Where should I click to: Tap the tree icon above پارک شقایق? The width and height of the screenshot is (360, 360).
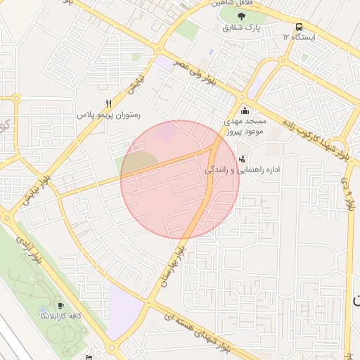(x=243, y=16)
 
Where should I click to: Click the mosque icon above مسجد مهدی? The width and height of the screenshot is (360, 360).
(x=245, y=110)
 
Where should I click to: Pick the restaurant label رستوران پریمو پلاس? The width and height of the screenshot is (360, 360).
(x=109, y=114)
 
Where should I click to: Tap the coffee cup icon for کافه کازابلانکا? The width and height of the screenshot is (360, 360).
(x=60, y=306)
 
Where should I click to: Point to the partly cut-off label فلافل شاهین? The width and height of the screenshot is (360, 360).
(x=236, y=4)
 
